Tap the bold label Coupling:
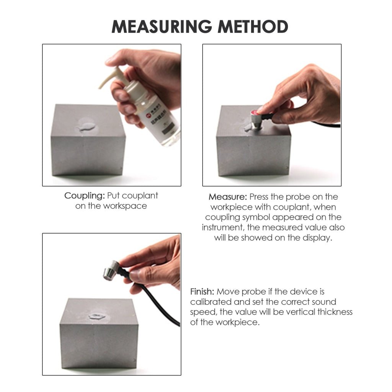tap(84, 196)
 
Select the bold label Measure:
tap(228, 197)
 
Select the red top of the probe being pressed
tap(256, 112)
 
